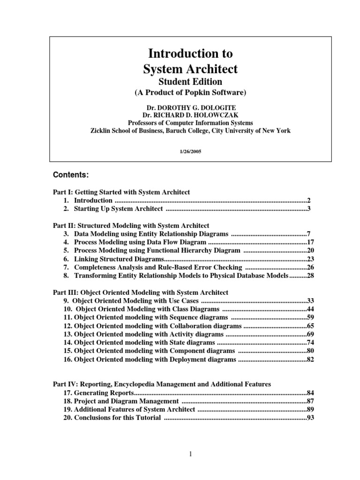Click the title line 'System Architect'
point(190,69)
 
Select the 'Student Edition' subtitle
point(190,82)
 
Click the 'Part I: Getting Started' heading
point(121,192)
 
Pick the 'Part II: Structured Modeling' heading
point(131,225)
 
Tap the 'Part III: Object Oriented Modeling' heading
point(140,292)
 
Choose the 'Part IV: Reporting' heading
point(161,384)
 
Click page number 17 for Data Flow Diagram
point(310,242)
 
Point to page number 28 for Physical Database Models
point(310,276)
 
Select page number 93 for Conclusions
point(310,418)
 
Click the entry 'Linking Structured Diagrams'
point(119,259)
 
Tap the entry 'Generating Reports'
point(105,393)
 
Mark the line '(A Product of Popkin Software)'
point(190,93)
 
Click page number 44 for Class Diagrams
point(310,309)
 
